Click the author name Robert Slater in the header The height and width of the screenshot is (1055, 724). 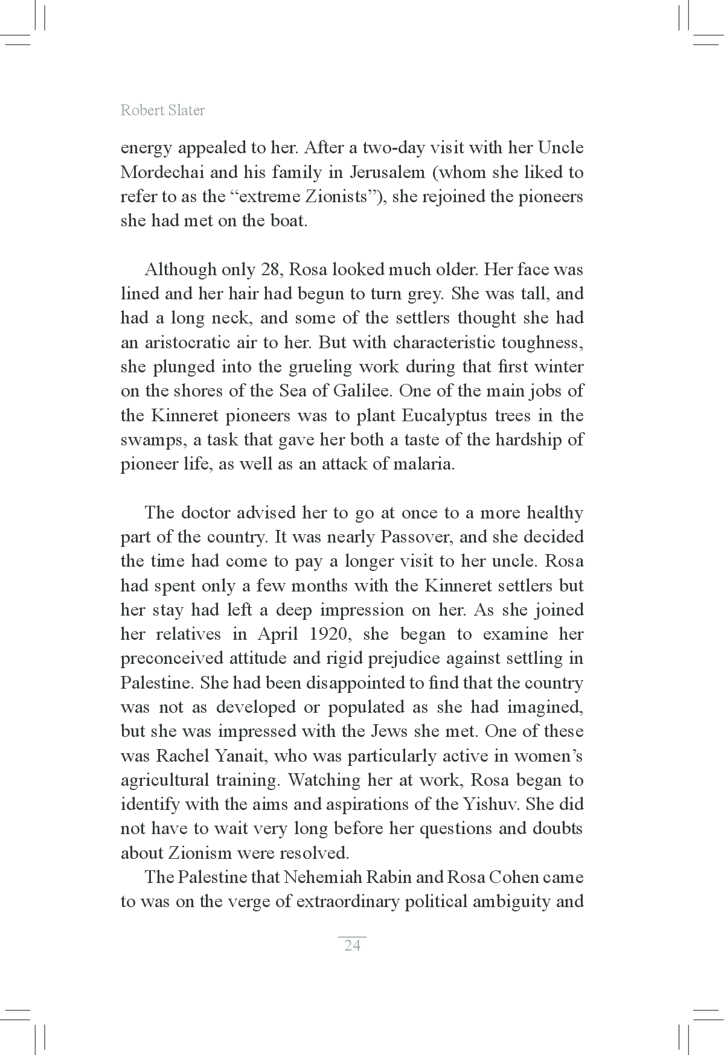(x=162, y=110)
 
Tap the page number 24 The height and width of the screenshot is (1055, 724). (x=352, y=945)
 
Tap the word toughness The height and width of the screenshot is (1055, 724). (x=539, y=342)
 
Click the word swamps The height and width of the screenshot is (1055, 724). (x=152, y=439)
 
